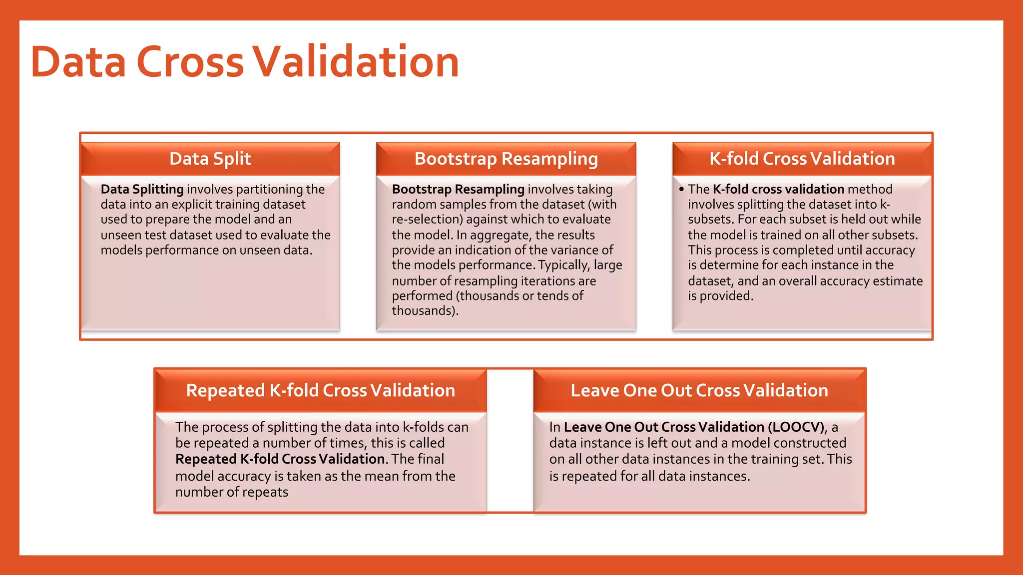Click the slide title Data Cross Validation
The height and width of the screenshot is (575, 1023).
245,62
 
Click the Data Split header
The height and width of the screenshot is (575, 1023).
210,159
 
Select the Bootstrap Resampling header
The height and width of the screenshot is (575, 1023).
506,159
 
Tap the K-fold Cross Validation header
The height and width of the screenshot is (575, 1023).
802,159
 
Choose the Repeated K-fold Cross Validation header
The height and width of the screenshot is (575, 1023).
321,390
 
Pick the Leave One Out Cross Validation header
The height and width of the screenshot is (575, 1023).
699,390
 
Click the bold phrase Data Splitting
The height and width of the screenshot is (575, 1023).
142,189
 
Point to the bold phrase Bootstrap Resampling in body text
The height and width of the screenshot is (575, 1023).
458,189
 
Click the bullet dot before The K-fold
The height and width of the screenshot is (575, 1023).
681,190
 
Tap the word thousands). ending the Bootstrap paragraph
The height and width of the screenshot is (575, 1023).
425,311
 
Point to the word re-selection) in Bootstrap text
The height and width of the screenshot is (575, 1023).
427,220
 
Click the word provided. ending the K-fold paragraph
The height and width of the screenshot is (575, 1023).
726,296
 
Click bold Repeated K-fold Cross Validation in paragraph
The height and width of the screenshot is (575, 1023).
280,459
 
